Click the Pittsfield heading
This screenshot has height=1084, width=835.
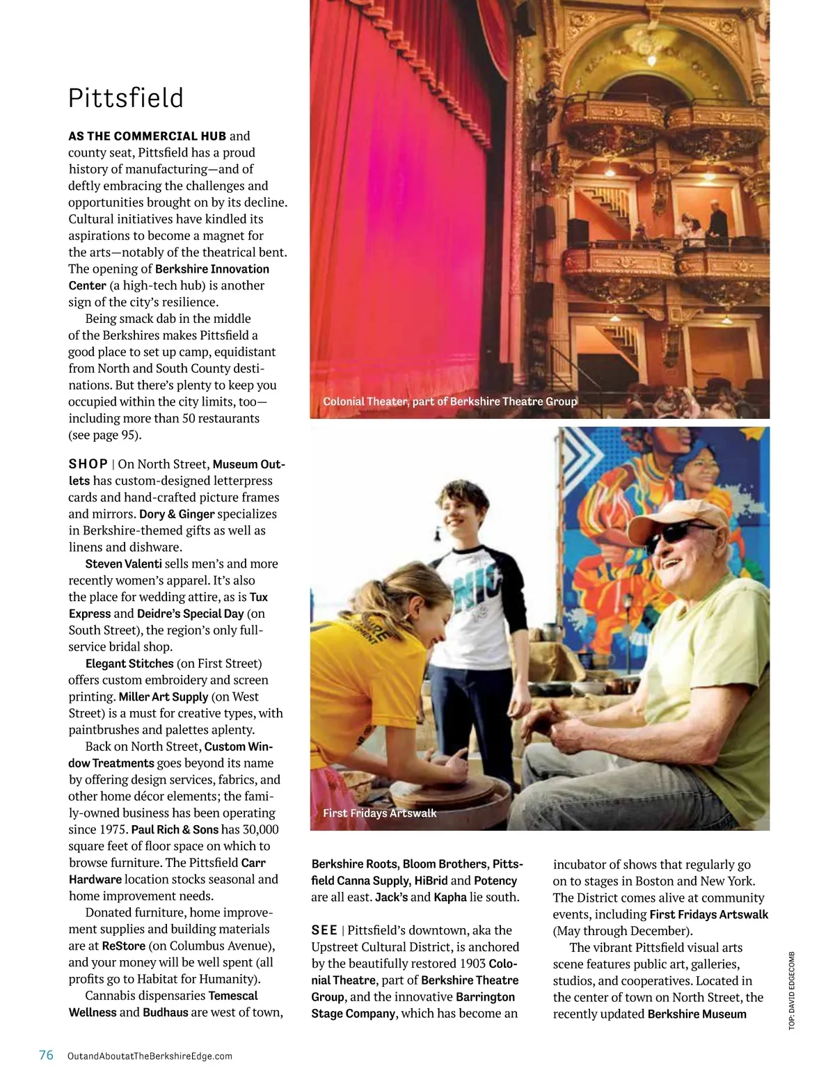126,98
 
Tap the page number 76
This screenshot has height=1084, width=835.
46,1055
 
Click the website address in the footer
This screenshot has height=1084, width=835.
150,1055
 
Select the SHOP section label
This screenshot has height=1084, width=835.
88,464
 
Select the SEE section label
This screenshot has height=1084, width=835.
324,930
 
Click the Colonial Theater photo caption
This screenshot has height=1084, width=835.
450,401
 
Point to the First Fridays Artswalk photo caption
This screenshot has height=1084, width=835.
380,813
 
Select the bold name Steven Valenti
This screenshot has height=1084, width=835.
123,564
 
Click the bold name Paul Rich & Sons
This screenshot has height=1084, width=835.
175,829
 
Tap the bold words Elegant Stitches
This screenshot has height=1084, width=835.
129,664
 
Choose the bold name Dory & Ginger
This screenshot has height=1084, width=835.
177,514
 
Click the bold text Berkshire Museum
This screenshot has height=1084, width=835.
697,1014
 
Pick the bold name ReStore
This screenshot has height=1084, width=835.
123,946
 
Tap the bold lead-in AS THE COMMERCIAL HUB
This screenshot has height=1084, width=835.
147,136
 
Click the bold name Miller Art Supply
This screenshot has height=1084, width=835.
164,696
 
